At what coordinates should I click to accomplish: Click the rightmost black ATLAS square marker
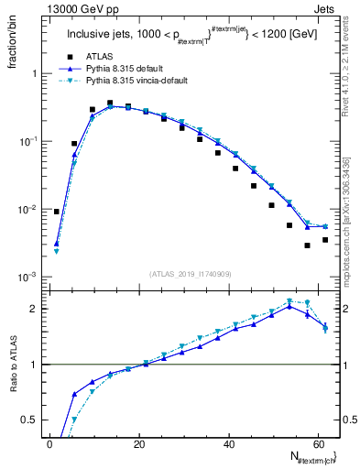point(325,240)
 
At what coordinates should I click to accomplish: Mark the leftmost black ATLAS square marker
point(57,212)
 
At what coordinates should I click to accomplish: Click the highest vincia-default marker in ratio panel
point(289,300)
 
